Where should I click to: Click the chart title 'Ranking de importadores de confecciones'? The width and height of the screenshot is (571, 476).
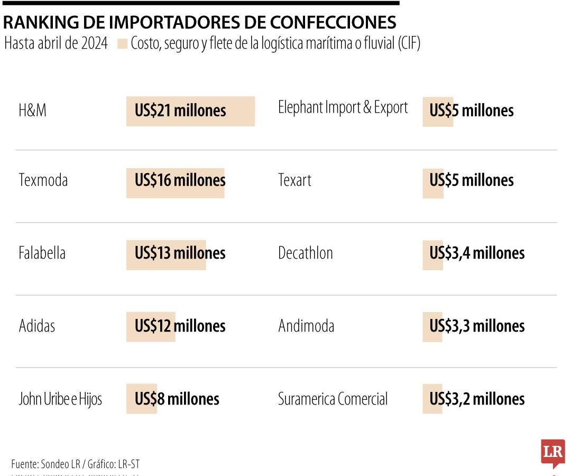pyautogui.click(x=199, y=22)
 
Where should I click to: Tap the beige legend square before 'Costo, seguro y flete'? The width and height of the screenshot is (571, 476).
pyautogui.click(x=122, y=44)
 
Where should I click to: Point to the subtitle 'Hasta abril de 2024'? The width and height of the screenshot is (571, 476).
pyautogui.click(x=56, y=43)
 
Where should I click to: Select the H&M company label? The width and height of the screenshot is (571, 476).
pyautogui.click(x=33, y=111)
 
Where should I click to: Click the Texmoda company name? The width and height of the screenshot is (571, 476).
pyautogui.click(x=43, y=180)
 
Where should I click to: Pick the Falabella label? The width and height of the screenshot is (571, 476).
pyautogui.click(x=42, y=253)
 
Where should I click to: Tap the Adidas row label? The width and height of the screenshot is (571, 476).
pyautogui.click(x=37, y=326)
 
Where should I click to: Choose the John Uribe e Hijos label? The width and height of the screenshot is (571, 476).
pyautogui.click(x=60, y=399)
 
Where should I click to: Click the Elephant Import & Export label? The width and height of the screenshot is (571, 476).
pyautogui.click(x=343, y=108)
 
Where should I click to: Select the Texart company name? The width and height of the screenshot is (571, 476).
pyautogui.click(x=294, y=180)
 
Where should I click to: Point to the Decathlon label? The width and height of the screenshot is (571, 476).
pyautogui.click(x=306, y=253)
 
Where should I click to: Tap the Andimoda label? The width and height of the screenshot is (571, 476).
pyautogui.click(x=306, y=326)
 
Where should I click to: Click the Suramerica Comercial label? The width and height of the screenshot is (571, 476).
pyautogui.click(x=333, y=399)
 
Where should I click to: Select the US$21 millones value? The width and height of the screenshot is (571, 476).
pyautogui.click(x=180, y=111)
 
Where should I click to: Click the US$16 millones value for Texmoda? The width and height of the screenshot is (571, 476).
pyautogui.click(x=180, y=180)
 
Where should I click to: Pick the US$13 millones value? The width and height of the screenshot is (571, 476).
pyautogui.click(x=180, y=253)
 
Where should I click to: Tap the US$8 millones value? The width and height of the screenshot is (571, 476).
pyautogui.click(x=177, y=399)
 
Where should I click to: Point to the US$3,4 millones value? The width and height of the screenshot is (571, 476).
pyautogui.click(x=477, y=253)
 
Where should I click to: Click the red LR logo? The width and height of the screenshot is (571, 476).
pyautogui.click(x=552, y=453)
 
